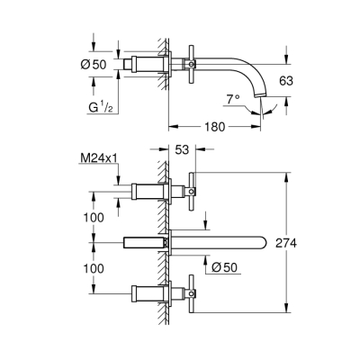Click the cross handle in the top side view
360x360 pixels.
pyautogui.click(x=193, y=65)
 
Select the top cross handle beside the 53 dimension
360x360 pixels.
pyautogui.click(x=193, y=190)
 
